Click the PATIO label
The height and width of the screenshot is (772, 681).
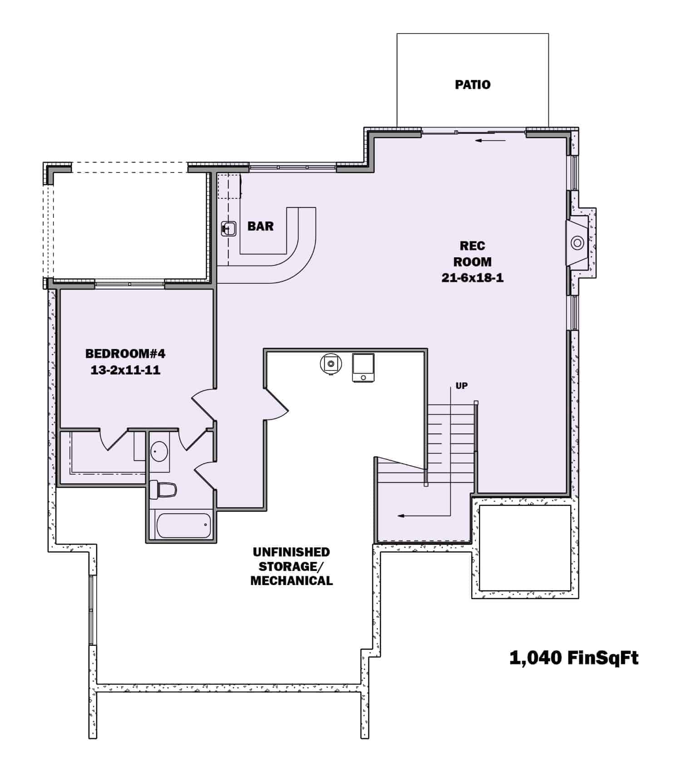tap(473, 85)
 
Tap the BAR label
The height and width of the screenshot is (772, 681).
tap(261, 226)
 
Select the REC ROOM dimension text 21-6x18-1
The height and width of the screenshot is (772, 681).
tap(472, 278)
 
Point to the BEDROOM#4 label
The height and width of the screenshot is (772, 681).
tap(125, 354)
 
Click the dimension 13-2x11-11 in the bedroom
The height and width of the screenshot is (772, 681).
tap(125, 370)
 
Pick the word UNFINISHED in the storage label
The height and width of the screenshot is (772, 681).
tap(291, 552)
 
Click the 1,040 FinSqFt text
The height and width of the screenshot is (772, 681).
tap(574, 658)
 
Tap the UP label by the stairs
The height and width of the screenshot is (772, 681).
tap(461, 386)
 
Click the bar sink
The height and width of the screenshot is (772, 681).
tap(229, 229)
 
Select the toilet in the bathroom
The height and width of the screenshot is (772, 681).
tap(163, 490)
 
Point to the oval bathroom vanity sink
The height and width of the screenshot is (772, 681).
tap(159, 452)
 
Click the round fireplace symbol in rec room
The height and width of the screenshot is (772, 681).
tap(577, 243)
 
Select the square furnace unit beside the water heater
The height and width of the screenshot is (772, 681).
tap(363, 368)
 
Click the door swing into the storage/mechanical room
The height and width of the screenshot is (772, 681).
tap(277, 404)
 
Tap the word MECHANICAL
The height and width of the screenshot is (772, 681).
tap(291, 580)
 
